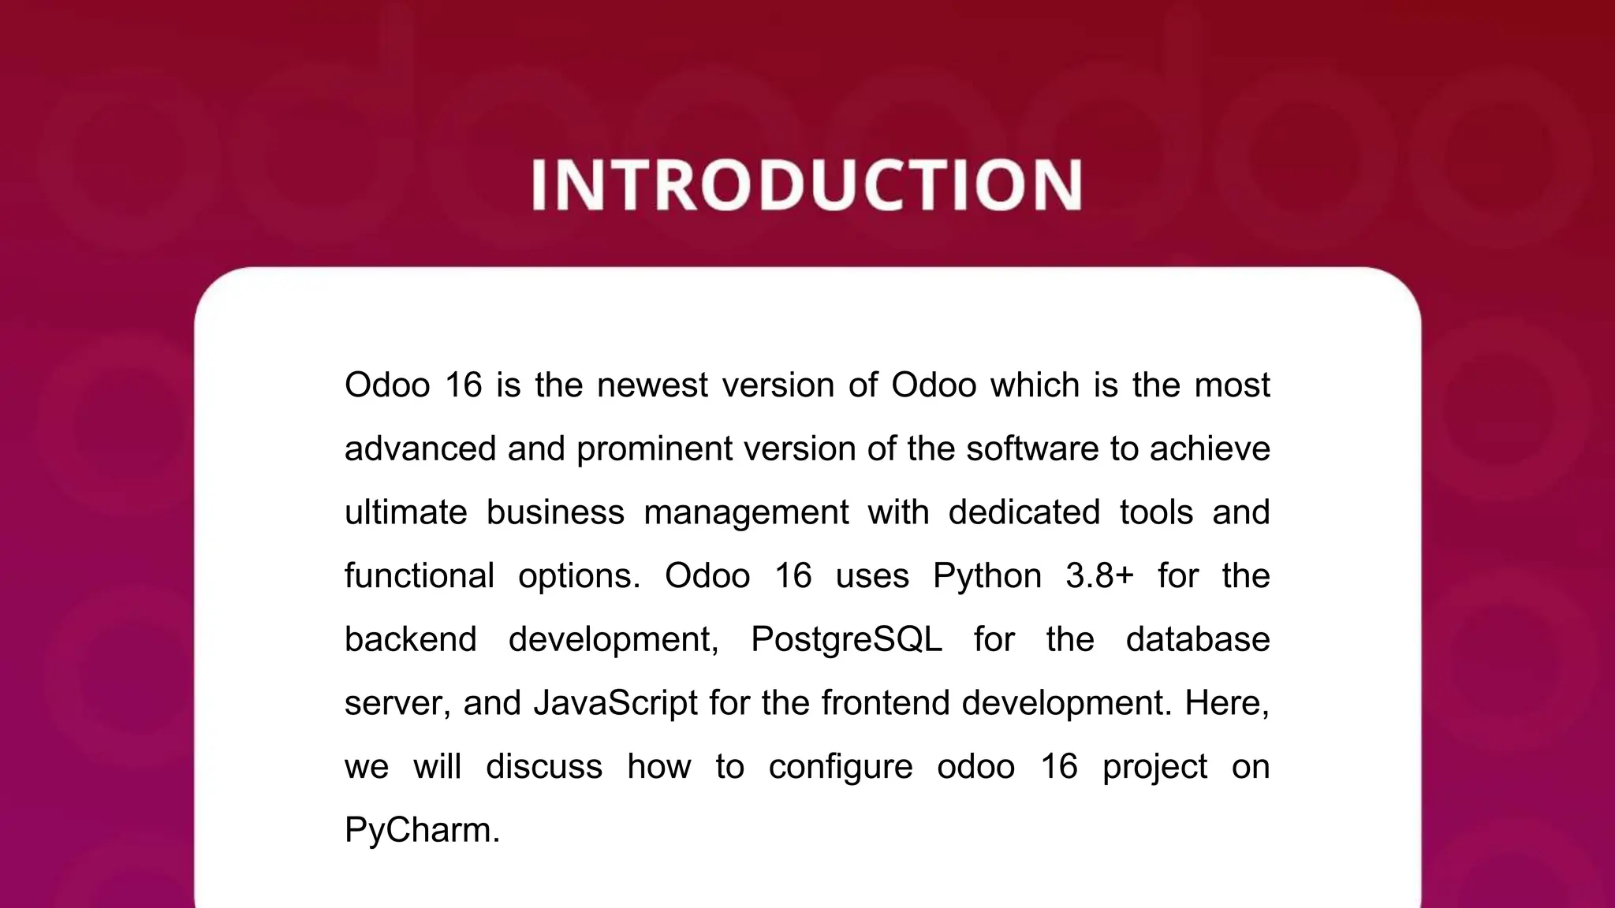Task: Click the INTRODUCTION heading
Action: pos(807,184)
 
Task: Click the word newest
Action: pos(652,385)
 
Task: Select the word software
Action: pos(1032,449)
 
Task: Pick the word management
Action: pos(746,512)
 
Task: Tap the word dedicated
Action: pos(1024,512)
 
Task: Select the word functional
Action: pos(420,576)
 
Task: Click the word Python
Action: pos(987,576)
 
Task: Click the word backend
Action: pos(411,639)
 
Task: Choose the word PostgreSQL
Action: pos(846,639)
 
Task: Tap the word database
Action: pos(1198,639)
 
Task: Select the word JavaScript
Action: pos(615,703)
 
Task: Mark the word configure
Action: pos(841,767)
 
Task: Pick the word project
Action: pos(1154,767)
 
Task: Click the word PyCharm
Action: pos(422,831)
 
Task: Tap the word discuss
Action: pos(544,767)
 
